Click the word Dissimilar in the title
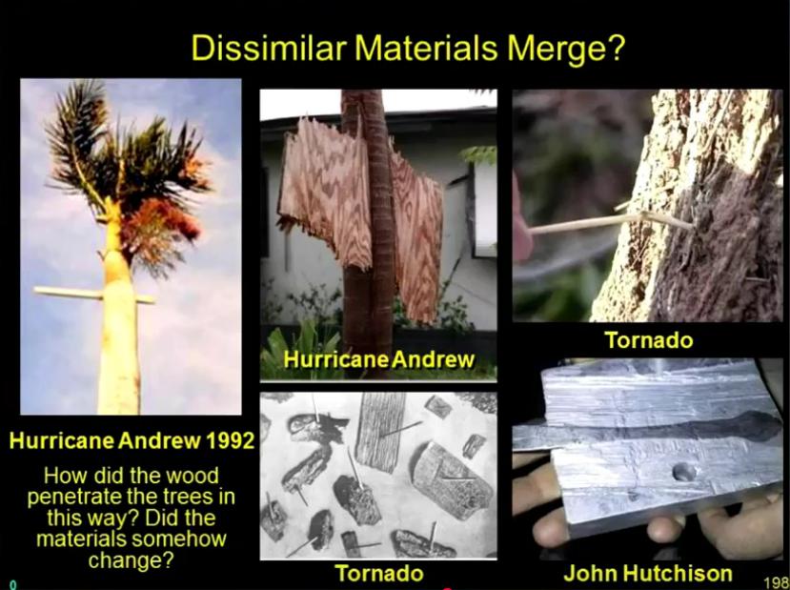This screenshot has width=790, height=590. [x=269, y=48]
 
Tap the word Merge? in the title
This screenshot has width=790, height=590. [x=566, y=48]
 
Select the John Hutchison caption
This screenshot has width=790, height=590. [x=648, y=573]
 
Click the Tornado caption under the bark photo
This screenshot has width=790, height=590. [x=649, y=340]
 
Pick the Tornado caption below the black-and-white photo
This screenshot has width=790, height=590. [x=379, y=574]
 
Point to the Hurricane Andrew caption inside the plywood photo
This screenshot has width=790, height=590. [x=379, y=359]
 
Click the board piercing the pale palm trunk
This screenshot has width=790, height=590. [x=94, y=295]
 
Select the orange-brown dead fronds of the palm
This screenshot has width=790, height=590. [x=161, y=222]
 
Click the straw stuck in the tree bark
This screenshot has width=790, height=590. [x=610, y=222]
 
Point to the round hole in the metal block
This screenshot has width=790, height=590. [x=684, y=472]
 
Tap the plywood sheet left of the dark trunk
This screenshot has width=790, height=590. [x=325, y=192]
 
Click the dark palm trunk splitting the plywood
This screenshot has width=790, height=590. [x=371, y=227]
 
